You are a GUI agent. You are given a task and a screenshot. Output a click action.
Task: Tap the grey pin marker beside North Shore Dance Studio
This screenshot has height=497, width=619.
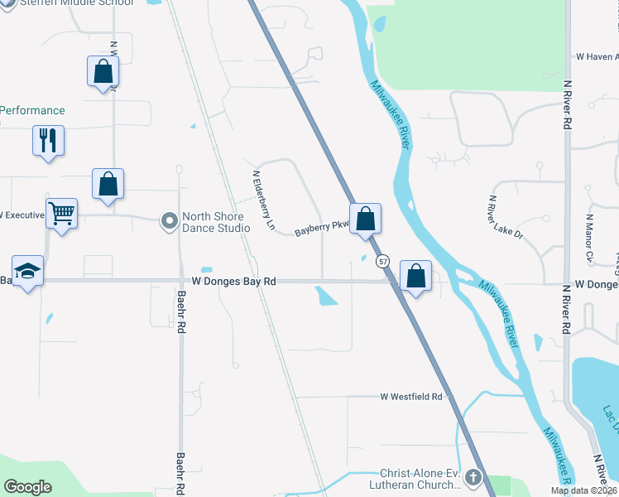170,220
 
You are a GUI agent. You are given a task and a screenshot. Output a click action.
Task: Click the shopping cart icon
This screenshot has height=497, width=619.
61,213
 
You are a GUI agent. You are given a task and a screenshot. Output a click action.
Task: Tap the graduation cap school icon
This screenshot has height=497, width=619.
28,271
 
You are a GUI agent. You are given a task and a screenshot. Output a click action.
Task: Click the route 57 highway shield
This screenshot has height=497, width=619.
382,261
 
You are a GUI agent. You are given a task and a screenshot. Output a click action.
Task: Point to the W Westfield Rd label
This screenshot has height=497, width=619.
411,397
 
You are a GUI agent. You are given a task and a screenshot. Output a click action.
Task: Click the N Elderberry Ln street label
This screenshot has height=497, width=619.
263,200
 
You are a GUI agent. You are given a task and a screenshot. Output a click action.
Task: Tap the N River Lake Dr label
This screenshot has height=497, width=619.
506,217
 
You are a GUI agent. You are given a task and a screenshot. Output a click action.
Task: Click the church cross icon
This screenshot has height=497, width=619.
473,477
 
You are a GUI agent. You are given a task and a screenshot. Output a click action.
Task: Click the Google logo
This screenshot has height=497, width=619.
27,487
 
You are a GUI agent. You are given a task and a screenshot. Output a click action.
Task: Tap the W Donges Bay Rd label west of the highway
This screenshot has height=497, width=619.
233,282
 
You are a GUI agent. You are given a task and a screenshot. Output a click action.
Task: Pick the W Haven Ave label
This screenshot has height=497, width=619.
597,57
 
